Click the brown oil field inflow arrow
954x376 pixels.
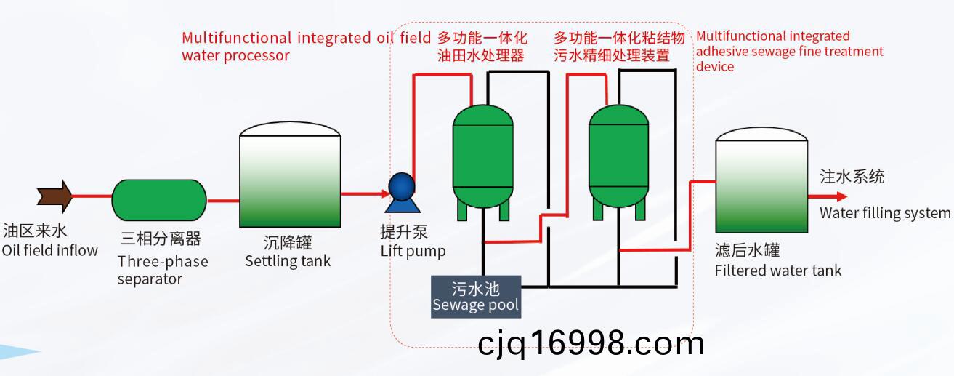pyautogui.click(x=54, y=196)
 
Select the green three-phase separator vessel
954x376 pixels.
pyautogui.click(x=159, y=200)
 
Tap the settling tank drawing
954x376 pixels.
pyautogui.click(x=290, y=175)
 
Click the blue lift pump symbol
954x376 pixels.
pyautogui.click(x=402, y=192)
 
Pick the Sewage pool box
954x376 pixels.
pyautogui.click(x=476, y=297)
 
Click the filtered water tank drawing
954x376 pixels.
pyautogui.click(x=761, y=180)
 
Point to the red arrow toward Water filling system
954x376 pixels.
pyautogui.click(x=828, y=196)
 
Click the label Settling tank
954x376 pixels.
pyautogui.click(x=288, y=261)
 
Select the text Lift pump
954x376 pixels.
pyautogui.click(x=413, y=251)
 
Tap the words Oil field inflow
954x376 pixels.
pyautogui.click(x=50, y=250)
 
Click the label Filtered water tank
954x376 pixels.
pyautogui.click(x=778, y=271)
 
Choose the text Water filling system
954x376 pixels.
pyautogui.click(x=884, y=212)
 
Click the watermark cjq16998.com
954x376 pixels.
pyautogui.click(x=591, y=344)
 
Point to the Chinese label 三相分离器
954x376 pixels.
pyautogui.click(x=161, y=239)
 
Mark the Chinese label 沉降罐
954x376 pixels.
pyautogui.click(x=288, y=243)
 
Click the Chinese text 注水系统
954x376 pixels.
pyautogui.click(x=852, y=177)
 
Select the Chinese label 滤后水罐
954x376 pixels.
pyautogui.click(x=748, y=250)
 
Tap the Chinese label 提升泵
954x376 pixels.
pyautogui.click(x=404, y=232)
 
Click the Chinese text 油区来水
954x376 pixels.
pyautogui.click(x=35, y=231)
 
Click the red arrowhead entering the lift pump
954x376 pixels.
pyautogui.click(x=386, y=194)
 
